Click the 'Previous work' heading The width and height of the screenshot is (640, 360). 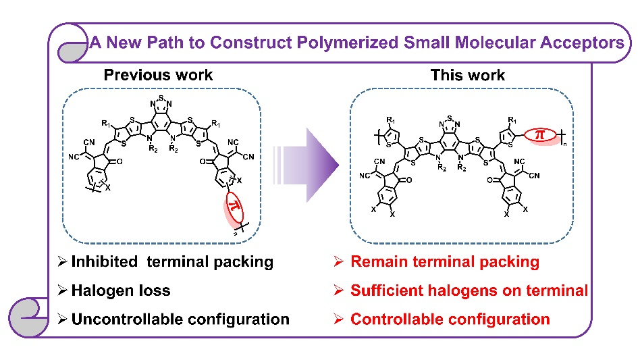click(158, 75)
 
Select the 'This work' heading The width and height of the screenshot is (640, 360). click(467, 75)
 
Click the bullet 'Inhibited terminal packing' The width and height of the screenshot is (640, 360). click(171, 262)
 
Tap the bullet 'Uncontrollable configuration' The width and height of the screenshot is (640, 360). click(180, 319)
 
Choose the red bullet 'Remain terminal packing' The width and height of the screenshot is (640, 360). click(444, 262)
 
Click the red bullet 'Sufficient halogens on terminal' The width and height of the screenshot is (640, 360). click(469, 291)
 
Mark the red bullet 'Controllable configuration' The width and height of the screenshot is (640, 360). click(450, 319)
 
